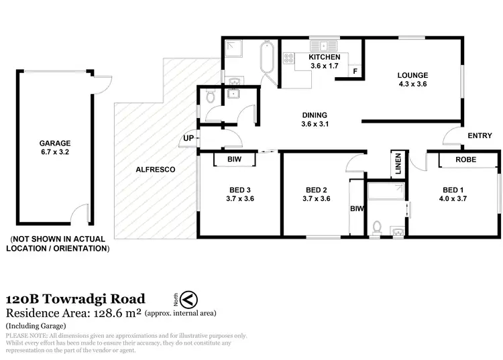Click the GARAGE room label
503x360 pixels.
pos(55,143)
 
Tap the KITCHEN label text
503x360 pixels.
pos(325,58)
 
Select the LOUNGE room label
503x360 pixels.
pos(412,75)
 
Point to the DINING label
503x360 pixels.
pos(315,114)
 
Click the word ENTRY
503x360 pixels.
pos(480,136)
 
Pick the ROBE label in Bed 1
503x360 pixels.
pos(465,160)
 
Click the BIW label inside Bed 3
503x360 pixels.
pos(234,160)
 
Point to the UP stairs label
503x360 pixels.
pos(188,139)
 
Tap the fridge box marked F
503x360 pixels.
pos(355,71)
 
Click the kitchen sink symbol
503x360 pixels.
pos(323,46)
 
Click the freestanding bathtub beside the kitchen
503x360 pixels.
pos(266,59)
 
